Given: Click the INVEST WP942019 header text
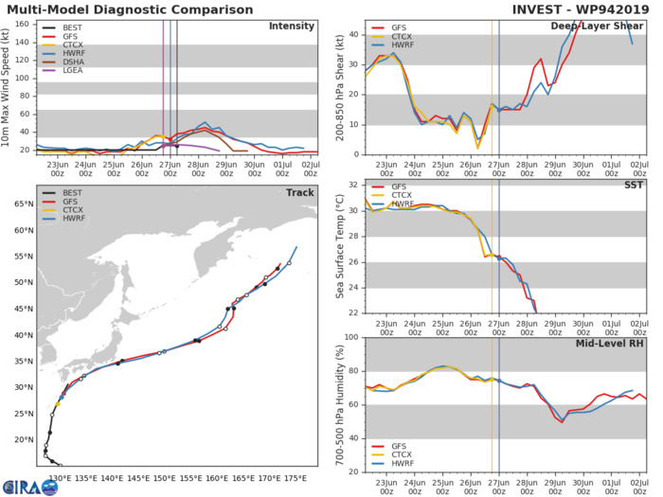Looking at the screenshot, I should point(567,9).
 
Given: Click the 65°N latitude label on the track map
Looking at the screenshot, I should point(22,230).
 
